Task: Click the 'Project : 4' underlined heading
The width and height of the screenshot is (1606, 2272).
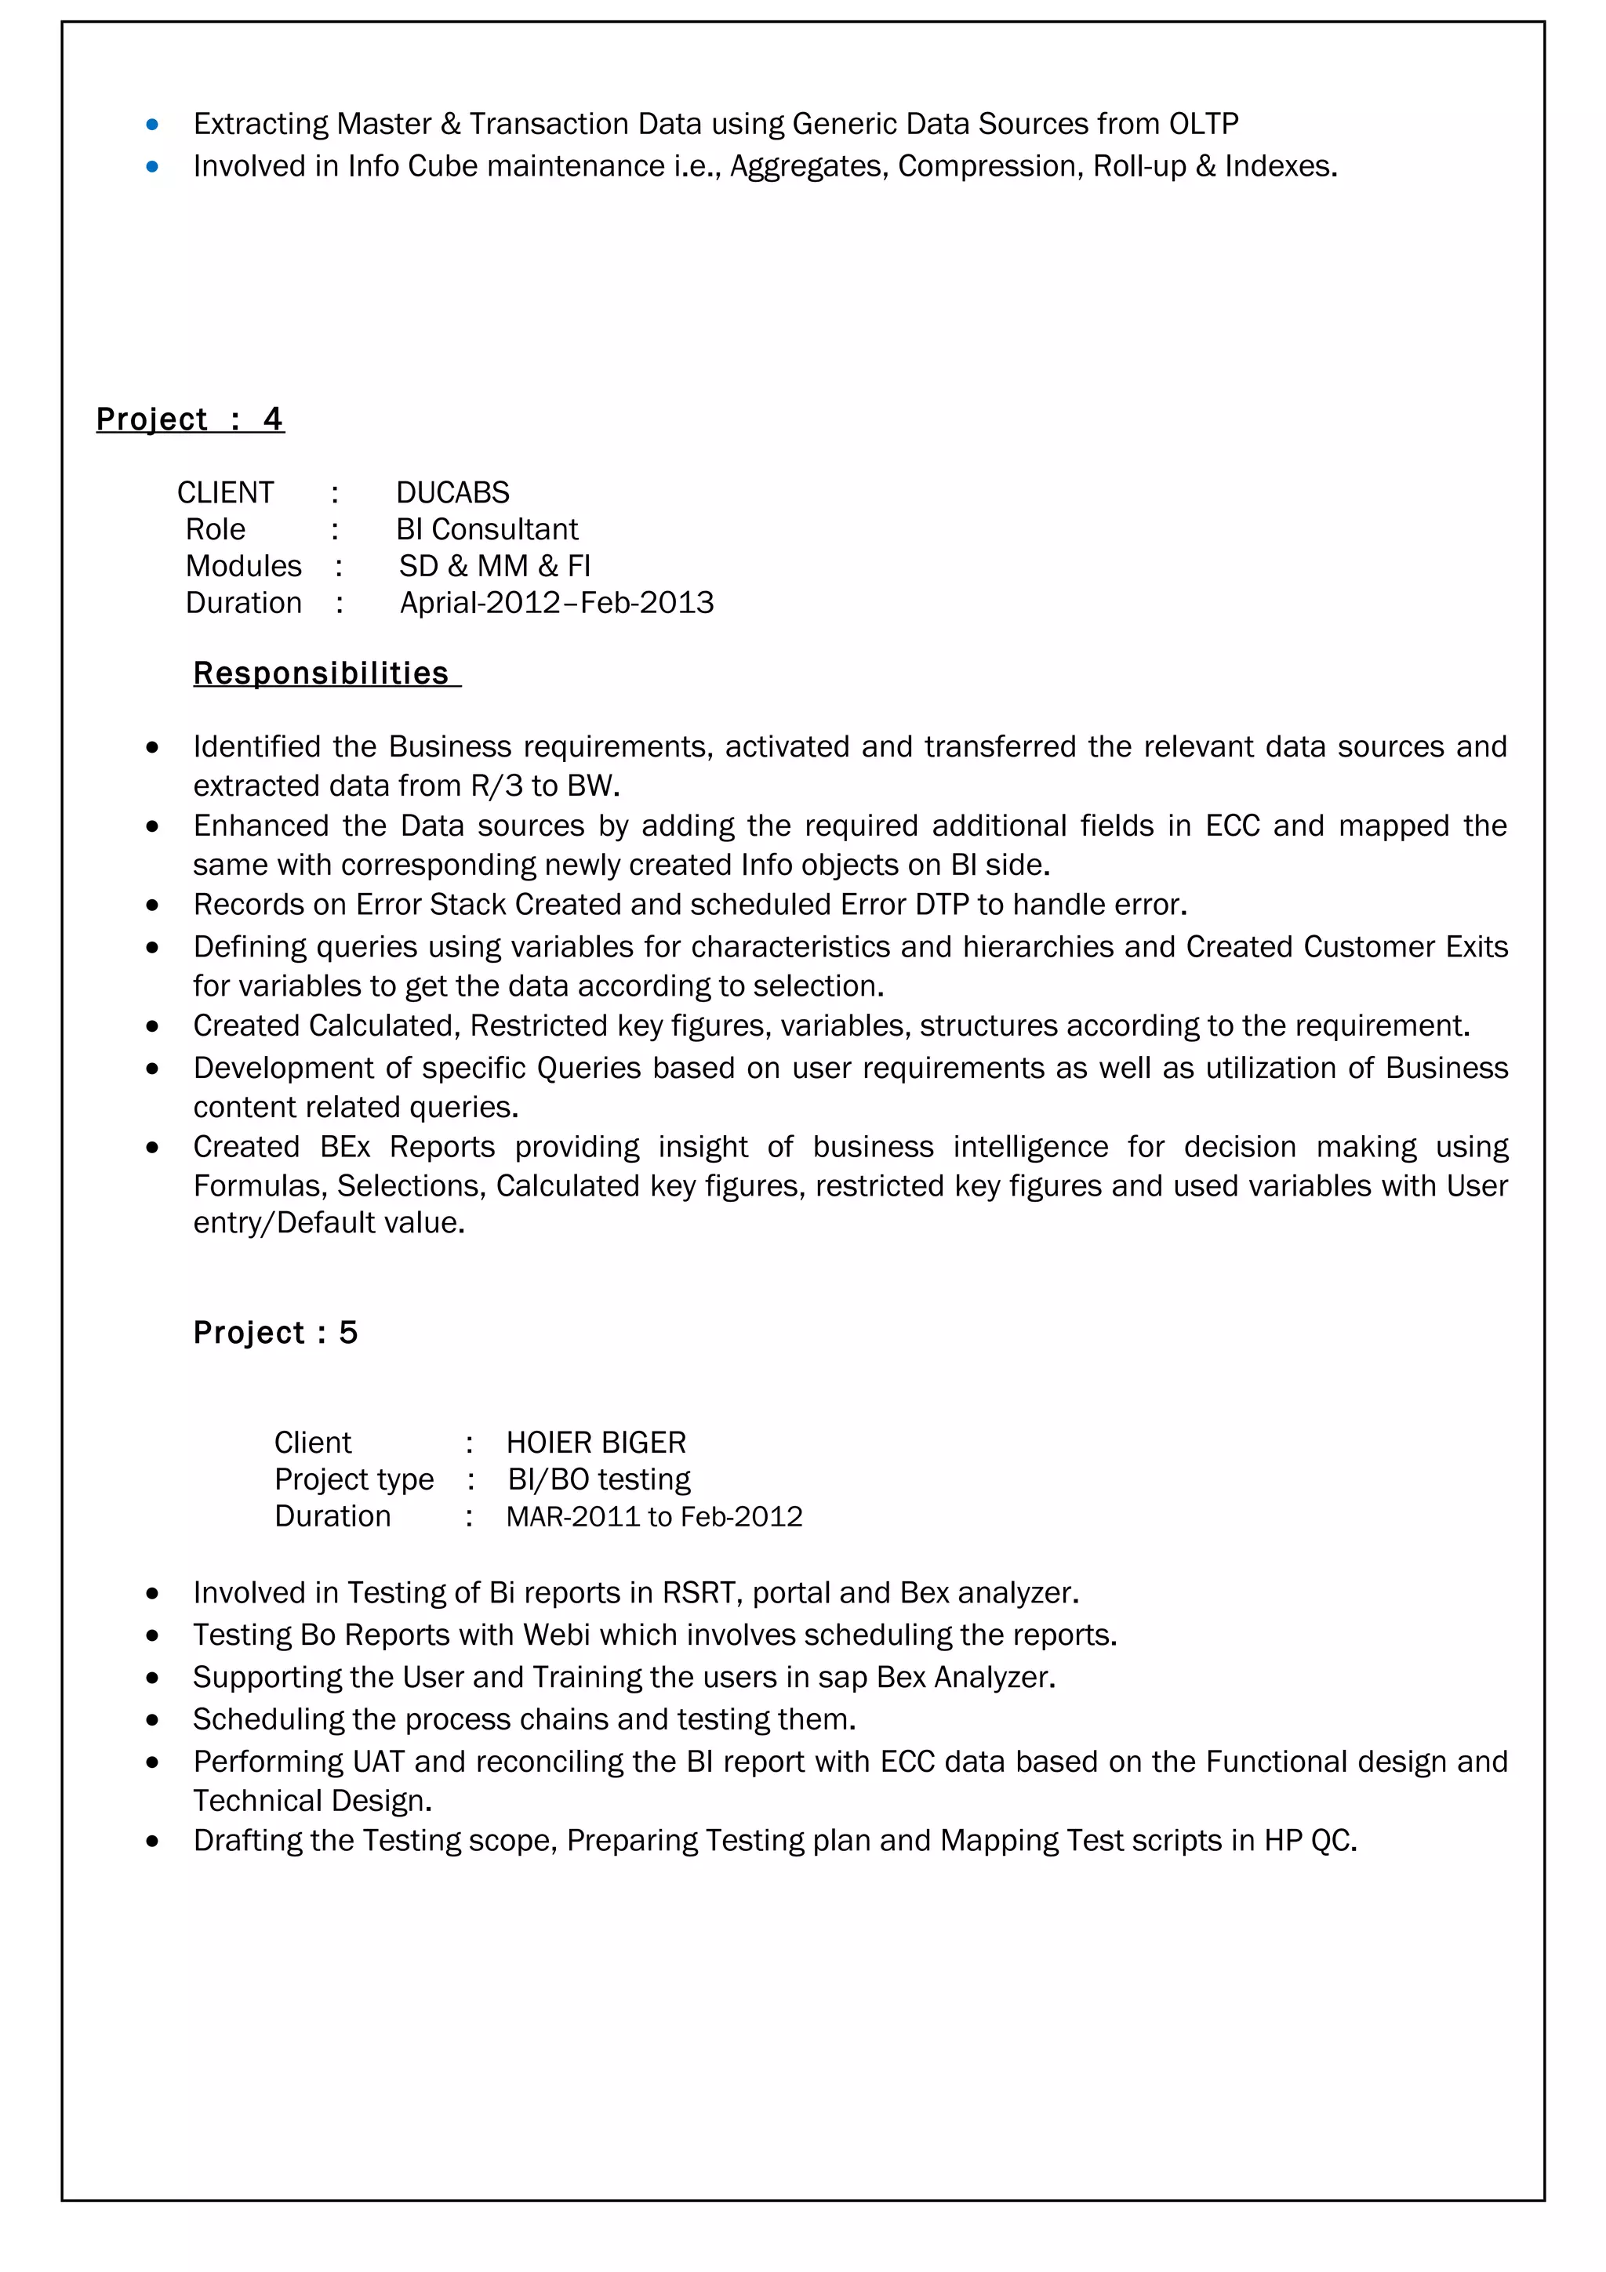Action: coord(190,419)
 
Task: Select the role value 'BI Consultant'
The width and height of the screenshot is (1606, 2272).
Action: coord(487,529)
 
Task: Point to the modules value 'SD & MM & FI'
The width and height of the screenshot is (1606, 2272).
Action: coord(495,566)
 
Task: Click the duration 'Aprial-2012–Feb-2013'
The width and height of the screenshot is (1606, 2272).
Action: coord(556,603)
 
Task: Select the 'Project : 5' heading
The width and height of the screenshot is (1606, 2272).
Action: coord(275,1333)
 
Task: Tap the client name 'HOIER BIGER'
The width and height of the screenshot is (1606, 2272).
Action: coord(596,1443)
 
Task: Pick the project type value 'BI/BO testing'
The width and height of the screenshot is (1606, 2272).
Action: coord(598,1479)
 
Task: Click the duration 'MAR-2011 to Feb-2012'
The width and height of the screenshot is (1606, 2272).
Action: coord(654,1517)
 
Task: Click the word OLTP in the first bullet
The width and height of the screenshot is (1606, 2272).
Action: coord(1203,124)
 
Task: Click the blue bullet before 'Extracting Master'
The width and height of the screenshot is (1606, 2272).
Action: coord(152,125)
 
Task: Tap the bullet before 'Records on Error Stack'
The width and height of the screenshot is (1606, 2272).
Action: coord(152,906)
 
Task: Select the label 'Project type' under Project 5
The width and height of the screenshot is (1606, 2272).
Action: coord(353,1479)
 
